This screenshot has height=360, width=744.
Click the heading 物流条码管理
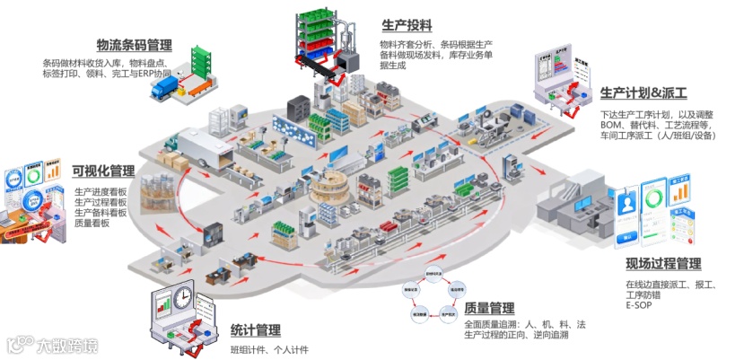[135, 45]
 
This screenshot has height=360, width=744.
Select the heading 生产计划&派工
[643, 92]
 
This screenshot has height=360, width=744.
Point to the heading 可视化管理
[103, 171]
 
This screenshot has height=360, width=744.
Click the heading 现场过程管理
[663, 263]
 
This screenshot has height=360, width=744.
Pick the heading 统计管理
[255, 329]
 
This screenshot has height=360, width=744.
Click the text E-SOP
[639, 305]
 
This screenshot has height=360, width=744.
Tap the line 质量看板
[92, 224]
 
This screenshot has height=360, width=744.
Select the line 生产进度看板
[101, 191]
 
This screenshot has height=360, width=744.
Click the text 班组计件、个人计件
[269, 349]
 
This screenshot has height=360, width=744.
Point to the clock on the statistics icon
[182, 296]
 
